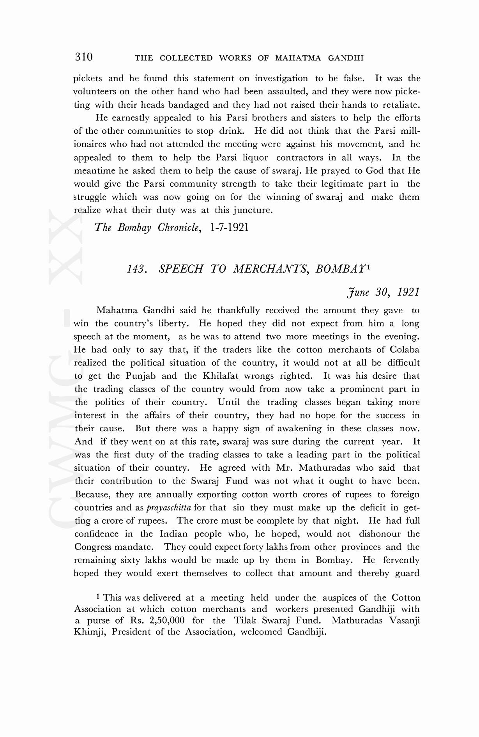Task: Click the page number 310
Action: point(84,57)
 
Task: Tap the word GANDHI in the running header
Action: point(346,58)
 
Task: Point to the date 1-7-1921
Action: point(229,228)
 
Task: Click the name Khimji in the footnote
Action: point(89,632)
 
